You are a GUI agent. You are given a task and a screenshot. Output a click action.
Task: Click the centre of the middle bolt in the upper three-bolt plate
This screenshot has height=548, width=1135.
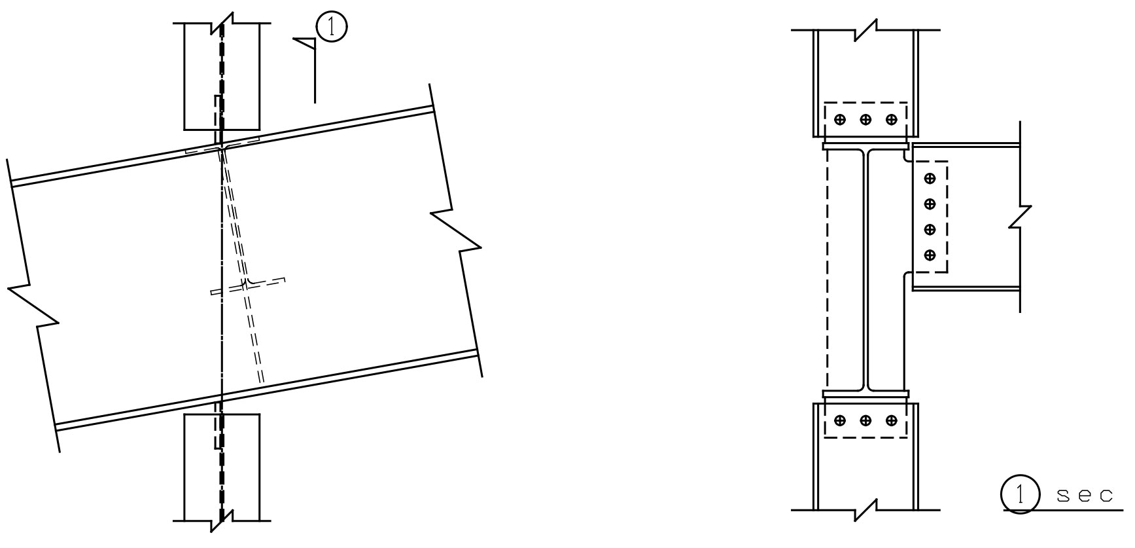[x=865, y=120]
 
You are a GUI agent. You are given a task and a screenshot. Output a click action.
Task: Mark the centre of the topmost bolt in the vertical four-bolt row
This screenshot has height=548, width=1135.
[x=930, y=178]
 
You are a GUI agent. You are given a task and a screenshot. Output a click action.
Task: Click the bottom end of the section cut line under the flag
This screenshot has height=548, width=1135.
[x=315, y=102]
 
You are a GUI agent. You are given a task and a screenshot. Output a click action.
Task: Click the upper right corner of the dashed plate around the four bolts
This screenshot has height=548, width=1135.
[x=947, y=161]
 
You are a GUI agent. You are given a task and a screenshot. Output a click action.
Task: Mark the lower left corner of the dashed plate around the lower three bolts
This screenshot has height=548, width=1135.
[x=824, y=437]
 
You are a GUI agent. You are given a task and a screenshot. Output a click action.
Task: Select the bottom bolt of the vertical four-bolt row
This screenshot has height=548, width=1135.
[x=930, y=255]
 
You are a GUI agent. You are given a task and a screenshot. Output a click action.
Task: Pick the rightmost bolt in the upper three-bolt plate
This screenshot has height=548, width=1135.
[x=891, y=120]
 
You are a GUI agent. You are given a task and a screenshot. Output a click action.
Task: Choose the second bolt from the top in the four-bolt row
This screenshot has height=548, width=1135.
[x=930, y=204]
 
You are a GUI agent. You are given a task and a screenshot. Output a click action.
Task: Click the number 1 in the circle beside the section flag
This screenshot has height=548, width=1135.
[x=332, y=27]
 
